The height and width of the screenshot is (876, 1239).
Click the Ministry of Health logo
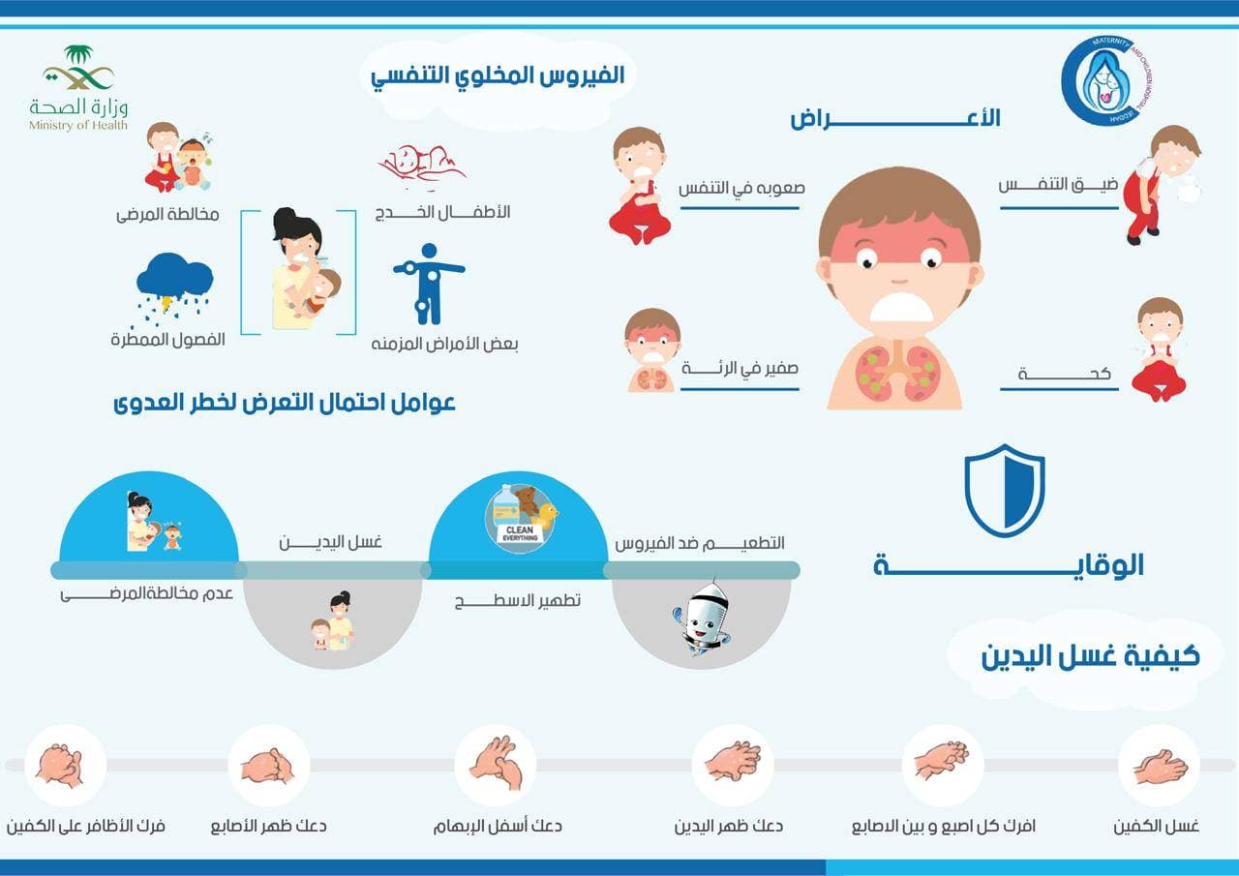click(78, 88)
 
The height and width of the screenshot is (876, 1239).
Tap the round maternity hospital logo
click(1111, 83)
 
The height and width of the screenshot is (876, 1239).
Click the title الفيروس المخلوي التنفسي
click(499, 77)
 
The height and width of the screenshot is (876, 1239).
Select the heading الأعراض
click(895, 119)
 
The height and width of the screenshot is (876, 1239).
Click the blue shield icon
click(1004, 491)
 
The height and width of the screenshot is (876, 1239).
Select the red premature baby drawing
click(422, 167)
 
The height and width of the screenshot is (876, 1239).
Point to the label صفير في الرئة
click(740, 368)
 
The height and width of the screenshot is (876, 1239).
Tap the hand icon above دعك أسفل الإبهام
click(496, 763)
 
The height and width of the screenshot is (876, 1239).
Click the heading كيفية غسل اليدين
click(1090, 656)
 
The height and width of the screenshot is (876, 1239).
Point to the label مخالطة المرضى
click(167, 214)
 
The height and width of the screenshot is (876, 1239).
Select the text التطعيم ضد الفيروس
click(700, 543)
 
